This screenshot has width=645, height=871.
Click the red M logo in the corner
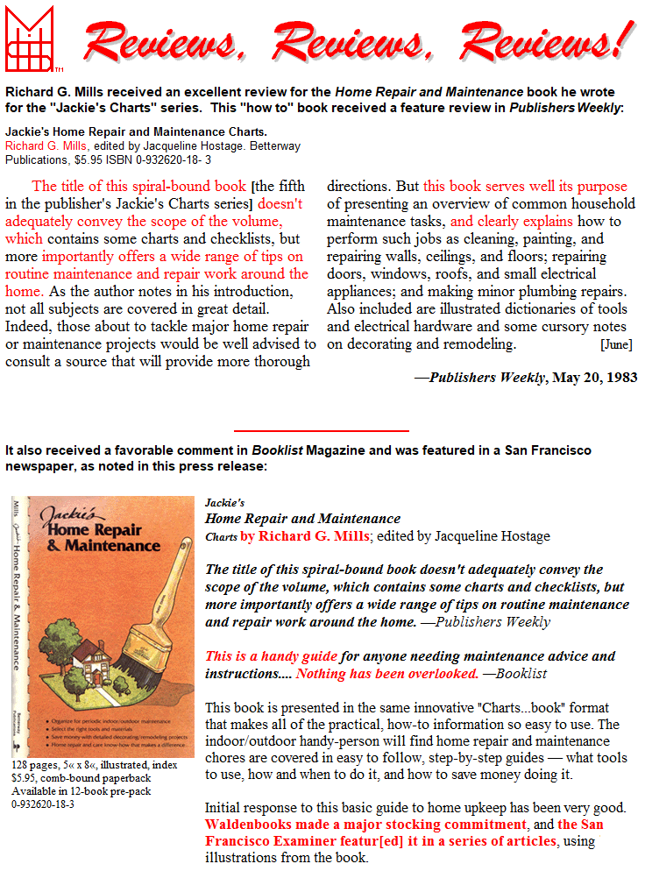30,39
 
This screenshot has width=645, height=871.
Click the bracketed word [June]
616,344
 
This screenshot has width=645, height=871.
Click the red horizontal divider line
322,431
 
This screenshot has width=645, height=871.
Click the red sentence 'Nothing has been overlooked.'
387,674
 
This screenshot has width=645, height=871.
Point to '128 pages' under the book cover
31,765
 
